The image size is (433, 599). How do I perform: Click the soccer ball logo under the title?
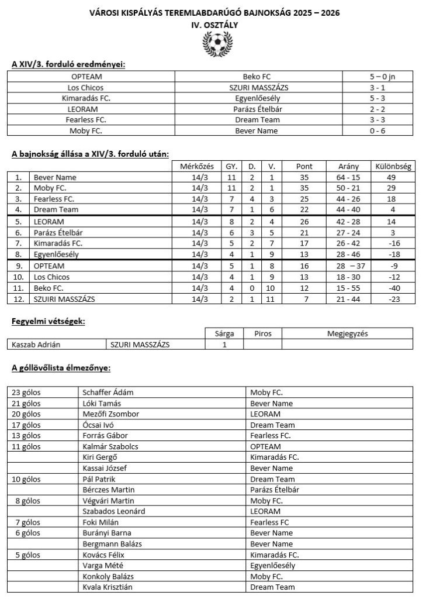(x=216, y=43)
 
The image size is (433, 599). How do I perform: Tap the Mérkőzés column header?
(x=199, y=167)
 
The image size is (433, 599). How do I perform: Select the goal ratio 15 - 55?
(x=349, y=288)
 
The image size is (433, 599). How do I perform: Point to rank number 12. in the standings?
(x=20, y=299)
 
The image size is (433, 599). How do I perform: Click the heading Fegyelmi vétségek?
(x=49, y=322)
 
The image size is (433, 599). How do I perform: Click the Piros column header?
(x=262, y=333)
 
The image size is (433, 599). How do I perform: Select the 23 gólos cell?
(x=26, y=393)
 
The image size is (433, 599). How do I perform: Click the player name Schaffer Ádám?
(x=108, y=393)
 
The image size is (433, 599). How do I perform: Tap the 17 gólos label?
(x=26, y=425)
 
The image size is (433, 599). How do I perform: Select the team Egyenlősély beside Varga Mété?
(x=272, y=565)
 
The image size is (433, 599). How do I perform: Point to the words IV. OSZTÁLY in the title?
(x=216, y=25)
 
